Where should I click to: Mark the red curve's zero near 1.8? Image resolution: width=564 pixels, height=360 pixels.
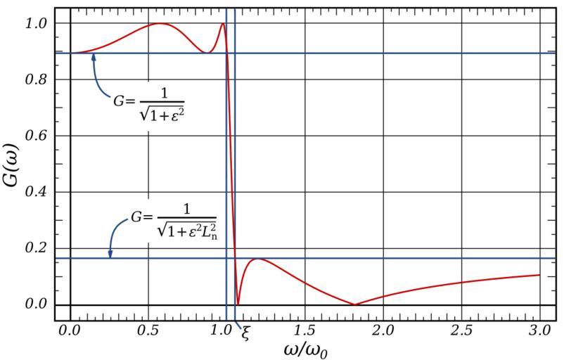point(354,304)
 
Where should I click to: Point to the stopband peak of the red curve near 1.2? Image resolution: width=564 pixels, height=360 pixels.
point(259,259)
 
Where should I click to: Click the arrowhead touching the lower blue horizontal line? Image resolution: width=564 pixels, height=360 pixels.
point(110,255)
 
